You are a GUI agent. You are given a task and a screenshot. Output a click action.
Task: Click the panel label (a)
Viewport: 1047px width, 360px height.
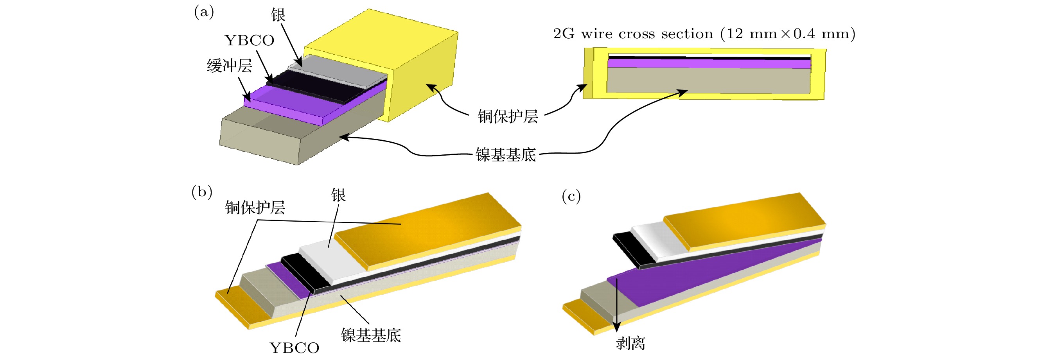(204, 12)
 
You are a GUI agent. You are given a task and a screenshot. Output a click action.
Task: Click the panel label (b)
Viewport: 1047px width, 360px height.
(202, 192)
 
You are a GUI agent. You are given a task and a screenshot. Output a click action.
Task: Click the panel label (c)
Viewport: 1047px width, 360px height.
(571, 196)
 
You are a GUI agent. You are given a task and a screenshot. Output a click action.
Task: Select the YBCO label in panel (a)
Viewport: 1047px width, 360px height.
(250, 41)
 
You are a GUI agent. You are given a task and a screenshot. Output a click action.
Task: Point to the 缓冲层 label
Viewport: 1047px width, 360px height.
(229, 65)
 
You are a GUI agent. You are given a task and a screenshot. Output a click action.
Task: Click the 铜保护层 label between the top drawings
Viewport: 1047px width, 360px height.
(508, 116)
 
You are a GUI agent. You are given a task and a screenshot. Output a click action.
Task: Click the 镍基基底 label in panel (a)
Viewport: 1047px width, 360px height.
(506, 155)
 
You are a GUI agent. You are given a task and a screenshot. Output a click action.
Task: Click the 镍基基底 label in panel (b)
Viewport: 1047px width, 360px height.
(371, 335)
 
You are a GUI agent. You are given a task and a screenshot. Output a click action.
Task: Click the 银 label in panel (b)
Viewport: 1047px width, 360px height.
(338, 195)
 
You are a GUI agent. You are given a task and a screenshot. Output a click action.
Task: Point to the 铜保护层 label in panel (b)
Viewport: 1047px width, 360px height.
(255, 208)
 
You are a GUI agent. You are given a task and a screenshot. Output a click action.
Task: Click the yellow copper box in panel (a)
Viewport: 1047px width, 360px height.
(423, 81)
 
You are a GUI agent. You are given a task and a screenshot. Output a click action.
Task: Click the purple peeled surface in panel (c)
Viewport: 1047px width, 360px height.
(691, 276)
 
